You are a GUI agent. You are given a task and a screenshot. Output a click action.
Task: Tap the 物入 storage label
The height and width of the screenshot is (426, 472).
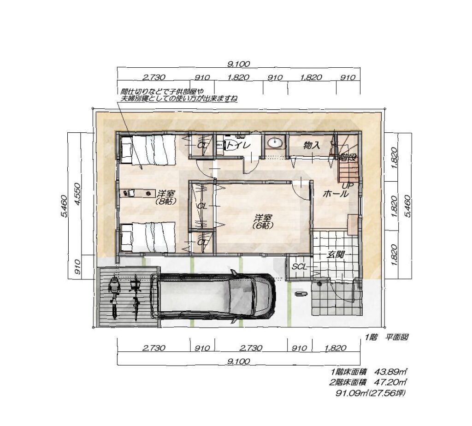tap(312, 145)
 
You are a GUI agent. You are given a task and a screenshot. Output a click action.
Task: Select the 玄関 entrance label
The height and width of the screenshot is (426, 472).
tap(336, 254)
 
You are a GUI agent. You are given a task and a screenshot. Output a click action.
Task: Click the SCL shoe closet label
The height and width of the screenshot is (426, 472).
tap(299, 266)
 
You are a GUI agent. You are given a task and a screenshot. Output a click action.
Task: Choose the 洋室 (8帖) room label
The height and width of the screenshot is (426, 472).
tap(165, 197)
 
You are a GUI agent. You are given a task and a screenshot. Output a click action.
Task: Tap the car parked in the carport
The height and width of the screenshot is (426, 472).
tap(215, 297)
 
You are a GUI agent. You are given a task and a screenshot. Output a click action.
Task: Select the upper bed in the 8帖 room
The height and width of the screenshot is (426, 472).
tap(148, 150)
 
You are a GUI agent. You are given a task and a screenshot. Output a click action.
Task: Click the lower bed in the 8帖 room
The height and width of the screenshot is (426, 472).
tap(148, 237)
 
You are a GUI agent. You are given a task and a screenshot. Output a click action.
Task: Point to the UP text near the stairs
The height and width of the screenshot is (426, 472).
tap(347, 185)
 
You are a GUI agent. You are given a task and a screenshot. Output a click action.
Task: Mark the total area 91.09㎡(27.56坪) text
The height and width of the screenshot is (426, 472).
tap(371, 393)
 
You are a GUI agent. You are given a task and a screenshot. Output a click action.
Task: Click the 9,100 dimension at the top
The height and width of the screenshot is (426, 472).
tap(236, 65)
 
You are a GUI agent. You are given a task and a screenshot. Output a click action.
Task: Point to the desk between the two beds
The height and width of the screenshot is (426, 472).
tap(137, 193)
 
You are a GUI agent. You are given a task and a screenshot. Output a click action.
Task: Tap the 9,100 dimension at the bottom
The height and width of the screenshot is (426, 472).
tap(238, 361)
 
